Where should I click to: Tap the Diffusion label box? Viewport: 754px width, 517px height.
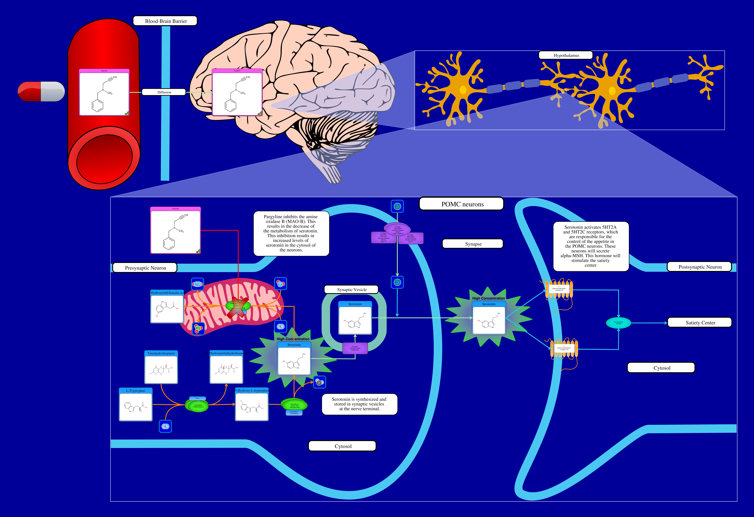pos(164,92)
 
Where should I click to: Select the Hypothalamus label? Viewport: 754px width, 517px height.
pos(566,55)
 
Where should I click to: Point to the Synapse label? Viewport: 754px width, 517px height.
pos(473,244)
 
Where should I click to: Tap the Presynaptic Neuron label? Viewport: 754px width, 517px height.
pos(145,268)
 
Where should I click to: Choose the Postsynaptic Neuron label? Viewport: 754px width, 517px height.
pos(700,267)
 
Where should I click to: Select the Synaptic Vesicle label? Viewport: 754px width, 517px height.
pos(351,290)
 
